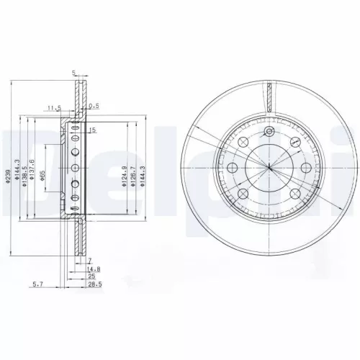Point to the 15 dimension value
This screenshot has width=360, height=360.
tap(93, 130)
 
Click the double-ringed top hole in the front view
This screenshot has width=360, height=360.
tap(269, 132)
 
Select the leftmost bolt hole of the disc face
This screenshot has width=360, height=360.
tap(233, 168)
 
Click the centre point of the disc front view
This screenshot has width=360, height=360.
tap(269, 168)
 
